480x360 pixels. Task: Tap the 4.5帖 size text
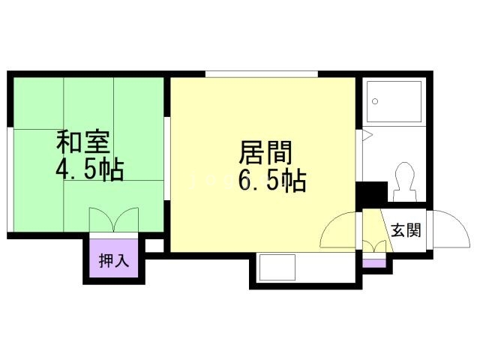point(88,169)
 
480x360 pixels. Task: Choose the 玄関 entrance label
point(405,230)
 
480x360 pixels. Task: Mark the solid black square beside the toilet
point(371,193)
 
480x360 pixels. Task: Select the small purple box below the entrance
point(372,262)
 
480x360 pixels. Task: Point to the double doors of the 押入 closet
point(113,222)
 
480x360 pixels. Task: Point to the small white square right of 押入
point(153,245)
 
